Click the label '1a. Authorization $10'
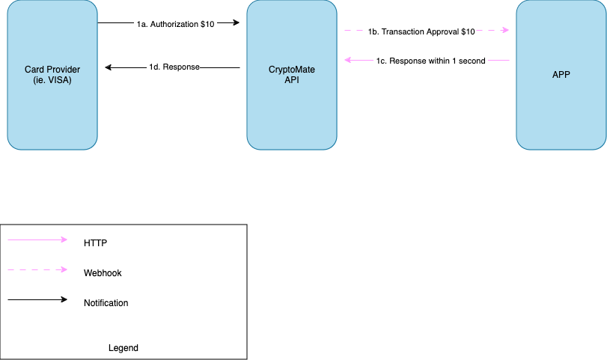point(176,24)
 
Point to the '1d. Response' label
point(174,67)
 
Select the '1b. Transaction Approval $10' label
point(421,31)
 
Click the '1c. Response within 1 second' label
point(430,61)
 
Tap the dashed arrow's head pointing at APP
point(506,31)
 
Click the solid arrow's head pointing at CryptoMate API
point(347,60)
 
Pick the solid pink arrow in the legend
point(37,240)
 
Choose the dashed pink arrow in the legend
point(37,269)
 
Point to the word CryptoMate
point(292,70)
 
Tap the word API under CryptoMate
point(292,80)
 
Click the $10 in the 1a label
point(207,24)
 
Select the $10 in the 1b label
point(466,31)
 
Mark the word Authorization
point(174,24)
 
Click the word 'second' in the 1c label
point(471,61)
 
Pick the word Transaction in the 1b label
point(404,31)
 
